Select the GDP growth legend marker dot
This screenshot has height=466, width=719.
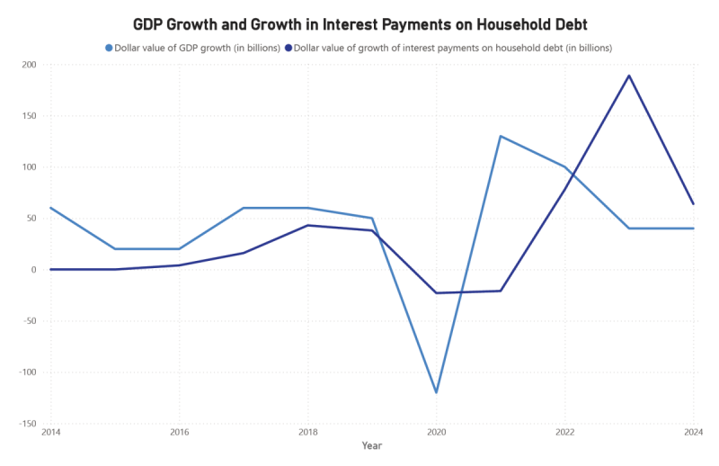(x=110, y=48)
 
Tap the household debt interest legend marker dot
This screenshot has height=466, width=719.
(x=288, y=48)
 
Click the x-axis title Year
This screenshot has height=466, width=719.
(x=372, y=445)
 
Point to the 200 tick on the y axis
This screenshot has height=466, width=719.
(x=28, y=65)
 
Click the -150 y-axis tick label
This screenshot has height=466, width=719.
(x=26, y=424)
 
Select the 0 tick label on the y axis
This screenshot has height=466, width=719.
(x=33, y=270)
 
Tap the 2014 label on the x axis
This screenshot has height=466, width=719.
(x=50, y=434)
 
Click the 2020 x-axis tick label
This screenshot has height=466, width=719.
(x=436, y=434)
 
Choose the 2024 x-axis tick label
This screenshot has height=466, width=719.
(x=692, y=434)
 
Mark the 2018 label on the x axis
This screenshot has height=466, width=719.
(x=307, y=434)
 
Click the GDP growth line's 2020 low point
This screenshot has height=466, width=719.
(x=436, y=392)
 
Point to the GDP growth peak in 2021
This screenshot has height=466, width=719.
(x=501, y=136)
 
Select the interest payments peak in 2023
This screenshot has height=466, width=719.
(x=629, y=76)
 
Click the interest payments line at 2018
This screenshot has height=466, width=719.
(x=307, y=225)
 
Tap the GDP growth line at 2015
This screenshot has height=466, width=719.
(x=115, y=249)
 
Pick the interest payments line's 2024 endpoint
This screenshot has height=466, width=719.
(x=693, y=203)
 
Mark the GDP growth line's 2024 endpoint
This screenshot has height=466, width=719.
(x=693, y=229)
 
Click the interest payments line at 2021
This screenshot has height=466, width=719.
(x=501, y=291)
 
